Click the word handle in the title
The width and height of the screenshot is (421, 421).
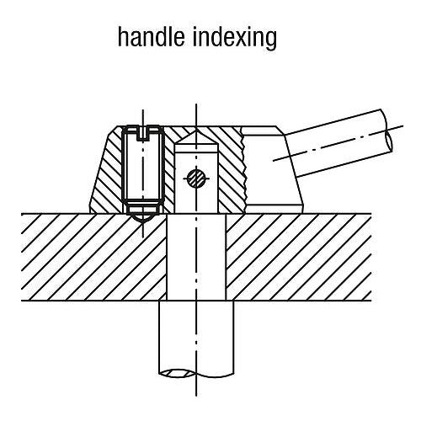click(152, 37)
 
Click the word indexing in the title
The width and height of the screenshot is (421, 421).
click(235, 39)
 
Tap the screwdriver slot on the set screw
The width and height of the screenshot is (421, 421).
click(143, 134)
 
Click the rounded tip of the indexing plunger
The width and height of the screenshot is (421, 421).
click(143, 218)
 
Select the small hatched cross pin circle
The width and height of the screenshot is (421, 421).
click(196, 178)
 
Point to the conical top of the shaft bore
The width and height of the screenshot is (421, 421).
click(196, 137)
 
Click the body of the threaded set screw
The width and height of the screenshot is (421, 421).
click(143, 166)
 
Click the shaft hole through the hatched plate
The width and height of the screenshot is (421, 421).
click(196, 257)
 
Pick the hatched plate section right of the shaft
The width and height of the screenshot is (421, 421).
click(299, 257)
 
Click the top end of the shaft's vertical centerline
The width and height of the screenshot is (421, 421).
click(196, 104)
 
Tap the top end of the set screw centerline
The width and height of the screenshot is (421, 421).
click(143, 109)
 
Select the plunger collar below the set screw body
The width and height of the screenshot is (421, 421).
click(143, 208)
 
